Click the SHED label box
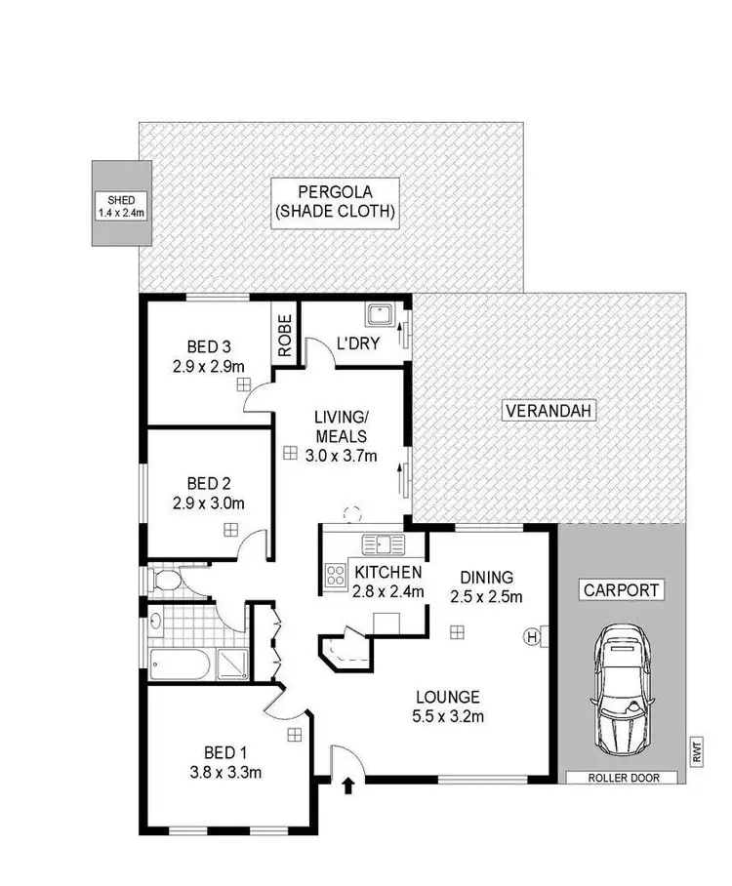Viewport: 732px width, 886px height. (x=115, y=203)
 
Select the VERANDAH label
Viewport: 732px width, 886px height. (x=549, y=412)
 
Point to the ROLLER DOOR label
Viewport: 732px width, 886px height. (x=619, y=778)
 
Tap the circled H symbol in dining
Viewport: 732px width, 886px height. (x=532, y=637)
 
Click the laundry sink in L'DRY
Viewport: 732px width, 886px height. (x=379, y=315)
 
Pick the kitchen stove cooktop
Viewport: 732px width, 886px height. (x=337, y=576)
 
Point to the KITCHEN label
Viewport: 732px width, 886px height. (x=387, y=572)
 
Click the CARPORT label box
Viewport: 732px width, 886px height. (x=622, y=589)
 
